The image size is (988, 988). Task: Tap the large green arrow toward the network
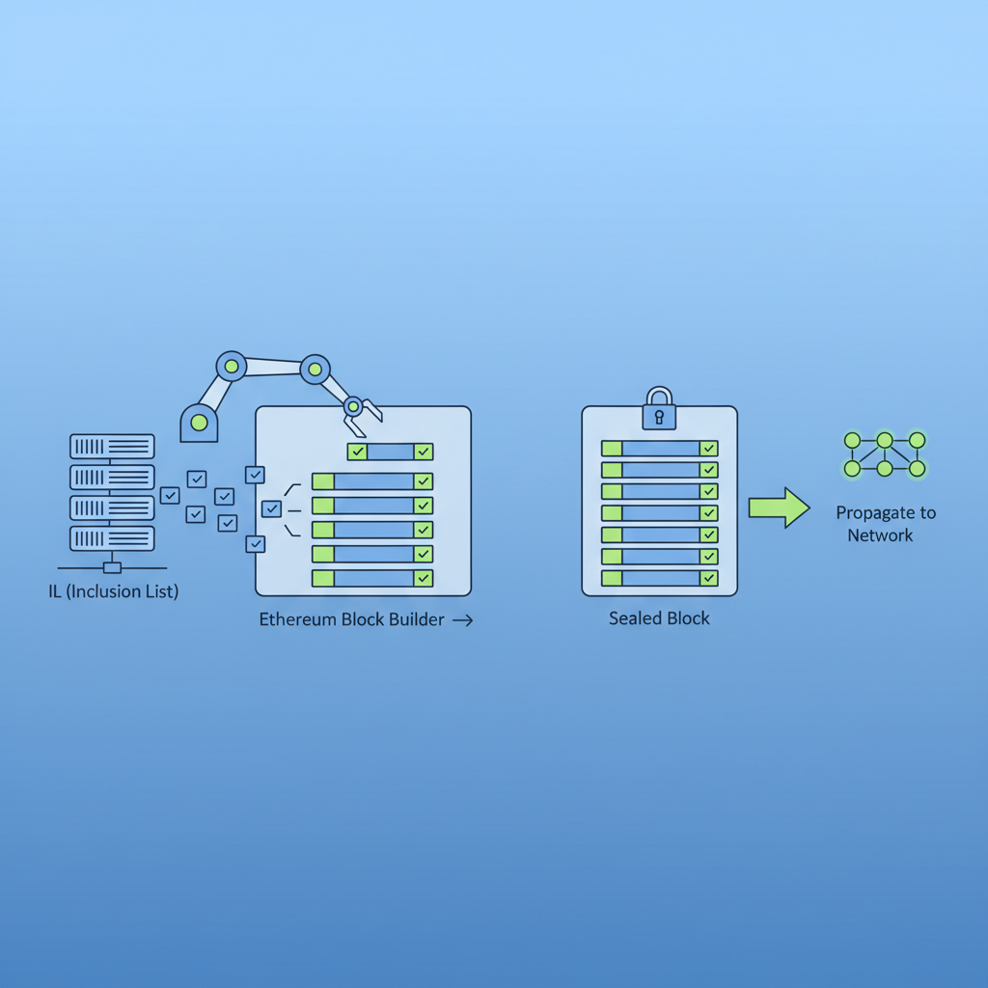click(x=779, y=508)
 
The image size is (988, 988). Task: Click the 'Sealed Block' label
click(x=659, y=618)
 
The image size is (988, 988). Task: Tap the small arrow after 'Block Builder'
click(x=462, y=620)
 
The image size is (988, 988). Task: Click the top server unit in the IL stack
click(x=112, y=446)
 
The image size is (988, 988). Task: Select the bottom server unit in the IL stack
click(x=112, y=537)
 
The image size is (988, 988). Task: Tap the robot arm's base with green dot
click(x=199, y=422)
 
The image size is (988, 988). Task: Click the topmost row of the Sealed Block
click(x=660, y=448)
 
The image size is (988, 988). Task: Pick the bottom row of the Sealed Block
click(x=660, y=578)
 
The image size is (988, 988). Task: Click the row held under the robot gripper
click(x=390, y=451)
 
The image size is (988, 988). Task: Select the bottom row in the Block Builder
click(x=372, y=578)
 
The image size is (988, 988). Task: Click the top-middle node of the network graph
click(x=885, y=440)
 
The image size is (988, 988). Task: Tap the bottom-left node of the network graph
click(x=852, y=469)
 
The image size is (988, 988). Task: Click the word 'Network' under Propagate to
click(x=880, y=535)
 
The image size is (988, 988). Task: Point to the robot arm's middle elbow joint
click(x=315, y=368)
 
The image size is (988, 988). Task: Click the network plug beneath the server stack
click(x=112, y=567)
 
